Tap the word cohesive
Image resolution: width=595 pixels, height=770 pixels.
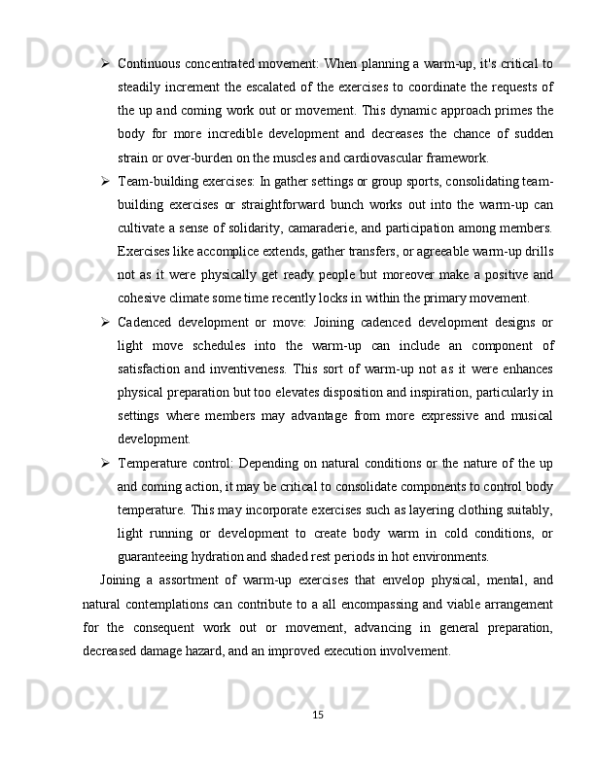[x=142, y=298]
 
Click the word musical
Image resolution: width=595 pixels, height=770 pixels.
[x=529, y=415]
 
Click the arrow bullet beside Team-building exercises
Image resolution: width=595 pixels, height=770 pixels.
[x=103, y=182]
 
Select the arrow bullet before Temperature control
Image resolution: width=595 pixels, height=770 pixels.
[x=103, y=462]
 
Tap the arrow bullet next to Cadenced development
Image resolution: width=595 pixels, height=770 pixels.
[x=103, y=322]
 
